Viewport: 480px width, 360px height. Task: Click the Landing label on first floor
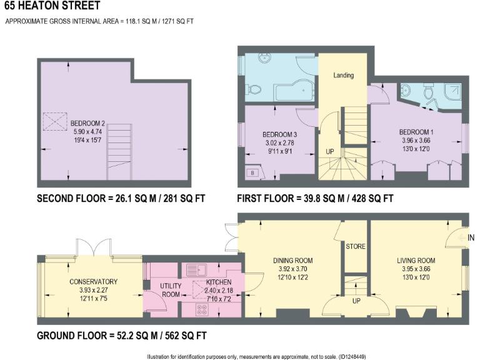point(343,76)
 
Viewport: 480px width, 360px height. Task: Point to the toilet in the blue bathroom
point(254,91)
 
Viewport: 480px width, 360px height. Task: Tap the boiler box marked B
point(252,173)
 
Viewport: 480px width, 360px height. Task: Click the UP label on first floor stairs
point(329,152)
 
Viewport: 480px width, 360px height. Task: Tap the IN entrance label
point(471,237)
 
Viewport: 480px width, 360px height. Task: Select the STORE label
point(355,247)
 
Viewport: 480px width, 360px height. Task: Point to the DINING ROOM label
point(292,261)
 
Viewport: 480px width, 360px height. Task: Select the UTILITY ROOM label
point(171,290)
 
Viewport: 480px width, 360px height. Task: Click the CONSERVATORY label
point(93,281)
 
